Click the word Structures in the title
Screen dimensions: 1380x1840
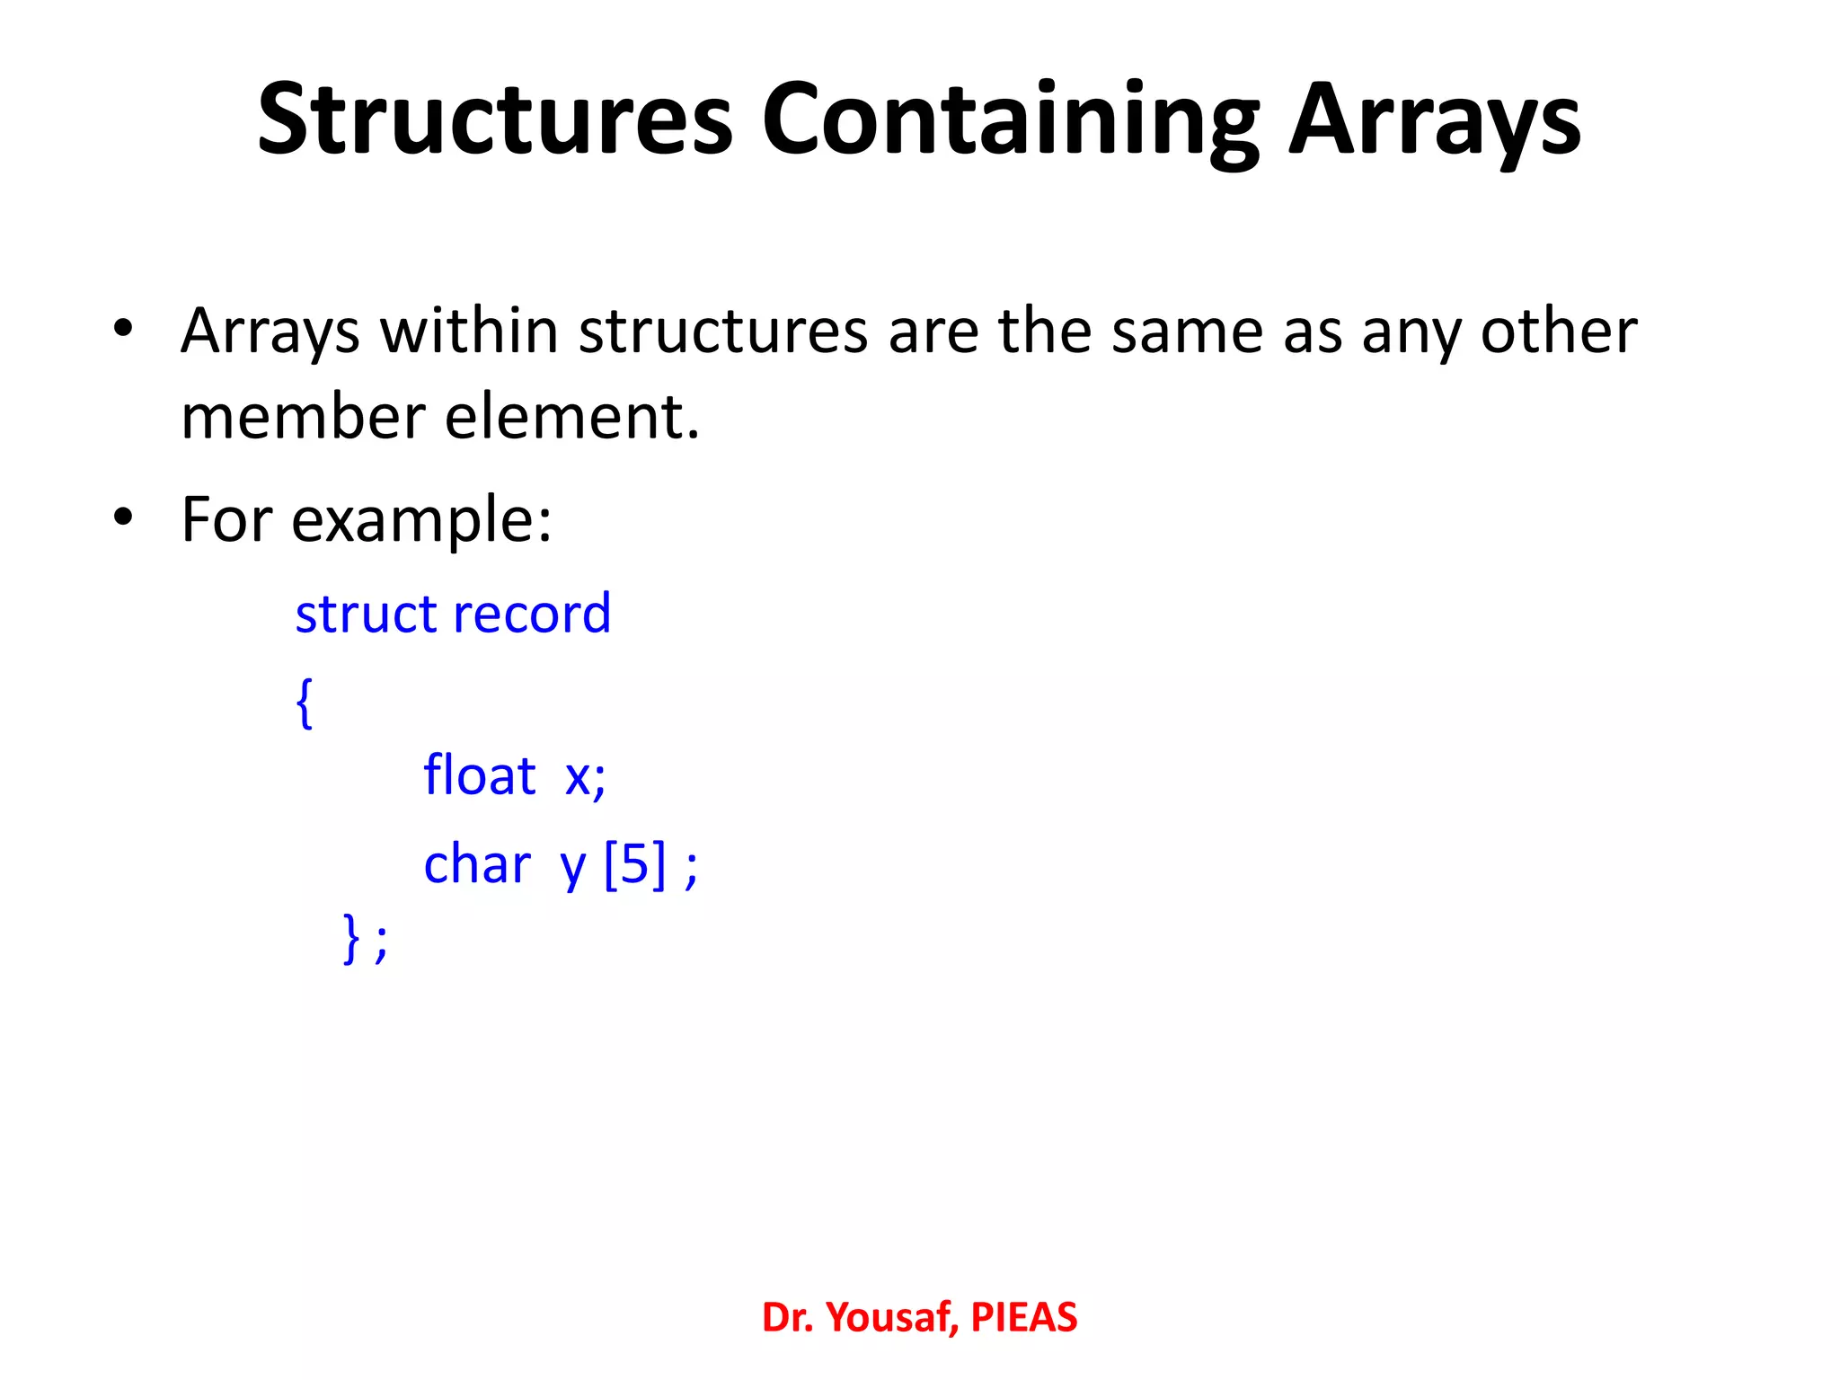tap(495, 119)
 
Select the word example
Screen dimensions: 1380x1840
tap(420, 521)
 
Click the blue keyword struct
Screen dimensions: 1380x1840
tap(366, 615)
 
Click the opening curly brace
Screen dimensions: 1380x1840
tap(305, 703)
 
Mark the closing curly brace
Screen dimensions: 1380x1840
tap(351, 938)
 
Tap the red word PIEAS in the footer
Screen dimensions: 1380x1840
tap(1023, 1317)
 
